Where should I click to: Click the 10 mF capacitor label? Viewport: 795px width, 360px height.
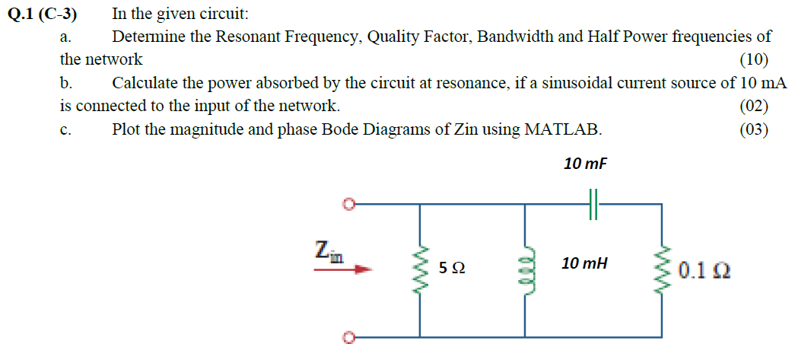click(586, 164)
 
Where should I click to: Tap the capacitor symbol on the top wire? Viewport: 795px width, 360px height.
click(594, 205)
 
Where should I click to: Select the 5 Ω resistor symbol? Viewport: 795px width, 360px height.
click(421, 268)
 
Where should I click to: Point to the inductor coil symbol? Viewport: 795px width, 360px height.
click(524, 268)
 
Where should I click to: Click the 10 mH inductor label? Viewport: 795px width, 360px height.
click(584, 263)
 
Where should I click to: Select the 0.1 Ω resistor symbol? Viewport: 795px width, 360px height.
click(659, 268)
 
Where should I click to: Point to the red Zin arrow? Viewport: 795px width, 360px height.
click(345, 269)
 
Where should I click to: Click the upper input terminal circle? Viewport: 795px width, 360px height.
click(348, 205)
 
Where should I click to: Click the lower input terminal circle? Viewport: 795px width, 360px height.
click(348, 336)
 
